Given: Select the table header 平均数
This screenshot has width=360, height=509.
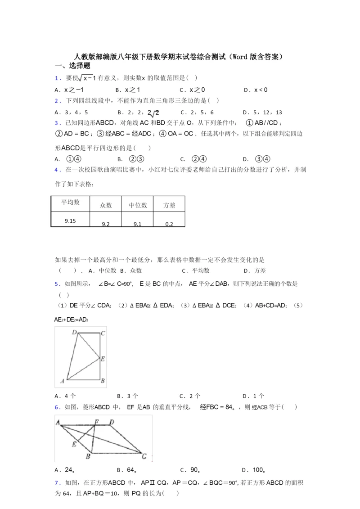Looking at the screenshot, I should tap(71, 202).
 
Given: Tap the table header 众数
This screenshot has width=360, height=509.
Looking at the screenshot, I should tap(106, 205).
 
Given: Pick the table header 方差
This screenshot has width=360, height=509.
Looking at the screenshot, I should tap(169, 205).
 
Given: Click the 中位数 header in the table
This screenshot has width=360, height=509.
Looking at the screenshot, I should tap(138, 205).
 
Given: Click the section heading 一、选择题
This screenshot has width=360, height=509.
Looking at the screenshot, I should tap(72, 66).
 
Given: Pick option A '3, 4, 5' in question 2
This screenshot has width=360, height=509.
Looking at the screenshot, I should tap(71, 113).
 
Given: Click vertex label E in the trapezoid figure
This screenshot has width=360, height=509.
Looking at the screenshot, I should tap(103, 359).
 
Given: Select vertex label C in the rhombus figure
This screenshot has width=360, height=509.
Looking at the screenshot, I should tap(144, 455).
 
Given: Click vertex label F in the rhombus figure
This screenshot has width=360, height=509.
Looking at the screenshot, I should tap(96, 422).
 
